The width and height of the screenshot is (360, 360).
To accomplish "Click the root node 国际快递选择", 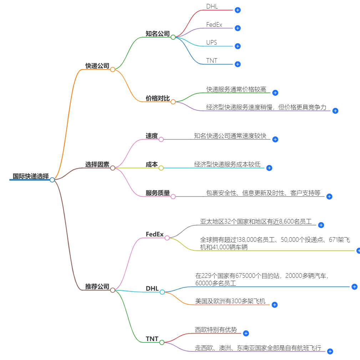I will coord(31,176).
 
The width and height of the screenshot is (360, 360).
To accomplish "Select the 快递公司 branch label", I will coord(97,66).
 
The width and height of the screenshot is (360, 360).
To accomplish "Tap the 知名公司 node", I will coord(157,34).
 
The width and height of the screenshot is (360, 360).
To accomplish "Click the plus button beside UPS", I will coord(238,46).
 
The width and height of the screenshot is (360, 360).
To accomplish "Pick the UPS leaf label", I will coord(212,43).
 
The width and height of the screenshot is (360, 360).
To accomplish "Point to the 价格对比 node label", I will coord(157,98).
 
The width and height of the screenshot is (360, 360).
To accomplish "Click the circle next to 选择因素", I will coord(113,168).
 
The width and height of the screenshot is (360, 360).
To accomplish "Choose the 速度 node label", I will coord(152,136).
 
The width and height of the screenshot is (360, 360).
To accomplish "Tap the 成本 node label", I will coord(152,165).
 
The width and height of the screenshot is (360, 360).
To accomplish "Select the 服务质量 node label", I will coord(157,193).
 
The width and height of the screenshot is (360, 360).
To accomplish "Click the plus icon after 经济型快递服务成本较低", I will coord(269,168).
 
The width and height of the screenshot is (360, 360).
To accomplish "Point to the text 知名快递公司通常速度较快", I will coord(230,136).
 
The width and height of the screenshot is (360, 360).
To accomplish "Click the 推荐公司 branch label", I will coord(97,286).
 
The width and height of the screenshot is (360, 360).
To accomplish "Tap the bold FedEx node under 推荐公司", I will coord(154,235).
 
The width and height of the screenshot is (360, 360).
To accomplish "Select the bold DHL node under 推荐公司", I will coord(152,289).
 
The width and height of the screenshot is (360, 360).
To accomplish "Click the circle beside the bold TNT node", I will coord(162,342).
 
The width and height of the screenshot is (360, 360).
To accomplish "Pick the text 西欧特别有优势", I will coord(216,330).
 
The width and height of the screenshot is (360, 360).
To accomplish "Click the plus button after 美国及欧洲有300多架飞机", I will coord(274,305).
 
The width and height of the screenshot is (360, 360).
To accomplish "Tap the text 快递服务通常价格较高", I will coord(236,90).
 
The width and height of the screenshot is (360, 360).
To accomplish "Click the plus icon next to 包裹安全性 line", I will coord(329,196).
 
